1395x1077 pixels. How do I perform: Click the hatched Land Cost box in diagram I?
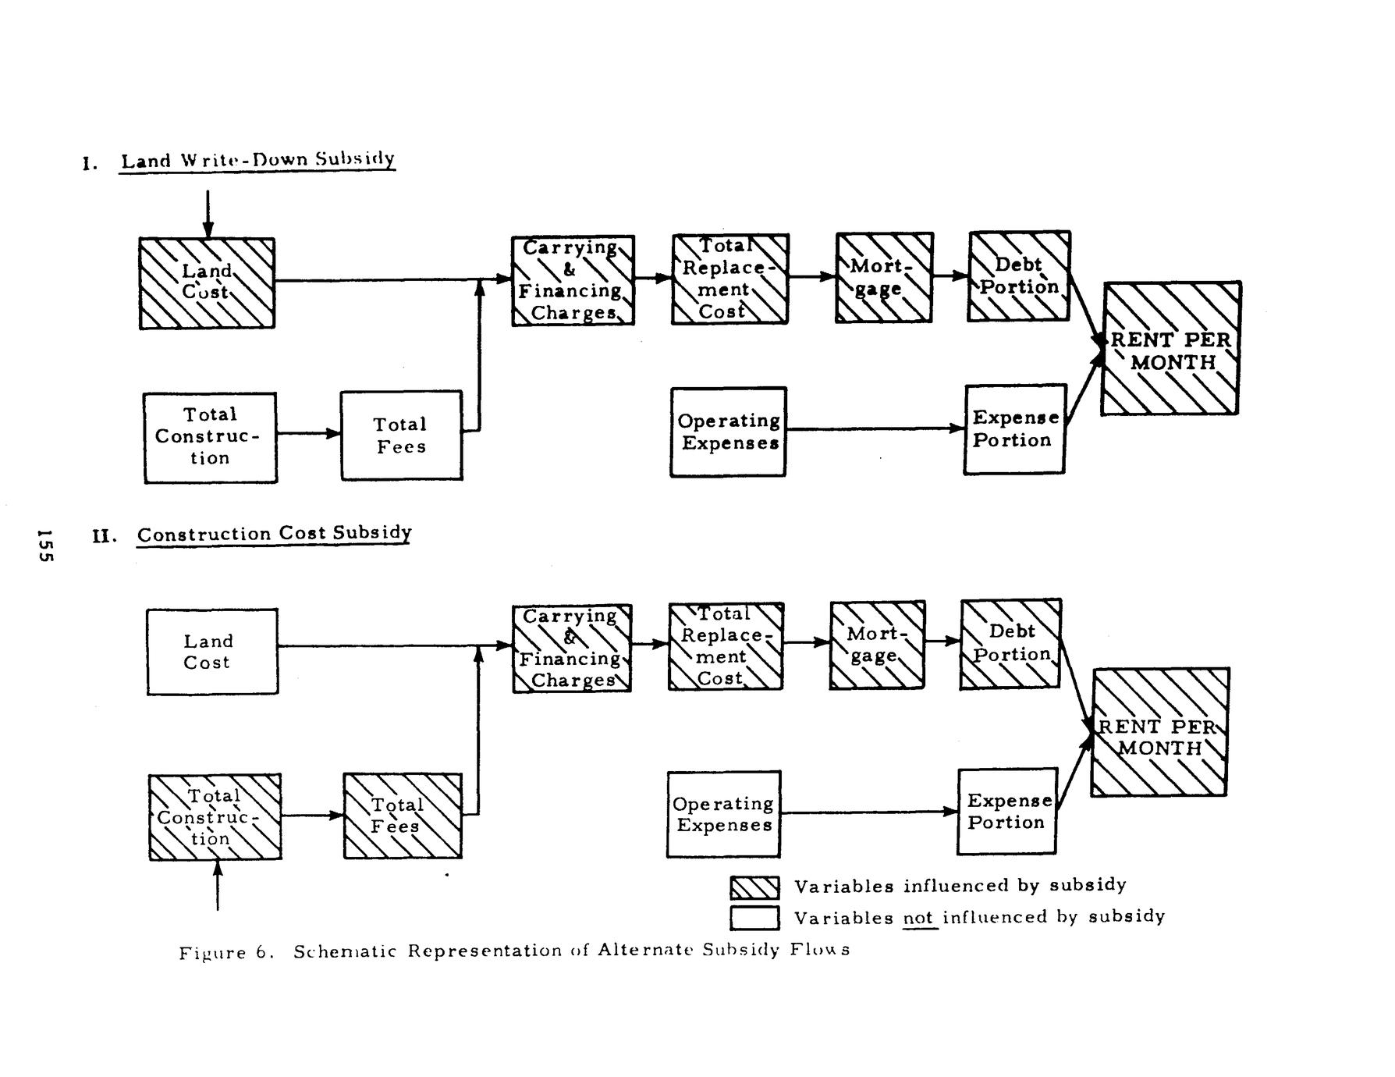click(207, 283)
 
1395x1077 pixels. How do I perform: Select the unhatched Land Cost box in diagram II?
click(212, 652)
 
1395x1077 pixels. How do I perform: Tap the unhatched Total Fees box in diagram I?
click(401, 435)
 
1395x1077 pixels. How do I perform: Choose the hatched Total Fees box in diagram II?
click(403, 816)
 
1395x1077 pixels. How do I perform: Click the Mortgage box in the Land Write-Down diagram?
click(884, 277)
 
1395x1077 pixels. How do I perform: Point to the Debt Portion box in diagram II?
click(1010, 643)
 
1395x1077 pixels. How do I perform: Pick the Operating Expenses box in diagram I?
click(728, 432)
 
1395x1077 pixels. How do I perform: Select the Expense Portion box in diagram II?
click(1007, 812)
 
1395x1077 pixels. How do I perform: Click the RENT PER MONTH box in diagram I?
click(1170, 349)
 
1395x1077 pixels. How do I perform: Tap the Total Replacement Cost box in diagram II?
click(725, 646)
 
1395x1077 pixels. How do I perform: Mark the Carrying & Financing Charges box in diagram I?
click(573, 280)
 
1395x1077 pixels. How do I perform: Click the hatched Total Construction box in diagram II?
click(215, 817)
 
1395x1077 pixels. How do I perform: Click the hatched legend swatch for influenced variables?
click(754, 888)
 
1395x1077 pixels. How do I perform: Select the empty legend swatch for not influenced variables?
click(754, 918)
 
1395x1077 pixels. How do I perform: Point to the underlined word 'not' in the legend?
click(919, 918)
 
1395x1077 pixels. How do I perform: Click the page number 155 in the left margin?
click(44, 545)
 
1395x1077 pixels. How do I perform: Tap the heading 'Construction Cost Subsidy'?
click(274, 534)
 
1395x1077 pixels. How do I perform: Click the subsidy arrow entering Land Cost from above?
click(208, 214)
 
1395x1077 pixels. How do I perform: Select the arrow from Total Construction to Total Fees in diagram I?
click(308, 433)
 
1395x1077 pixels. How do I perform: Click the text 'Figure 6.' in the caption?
click(224, 953)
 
